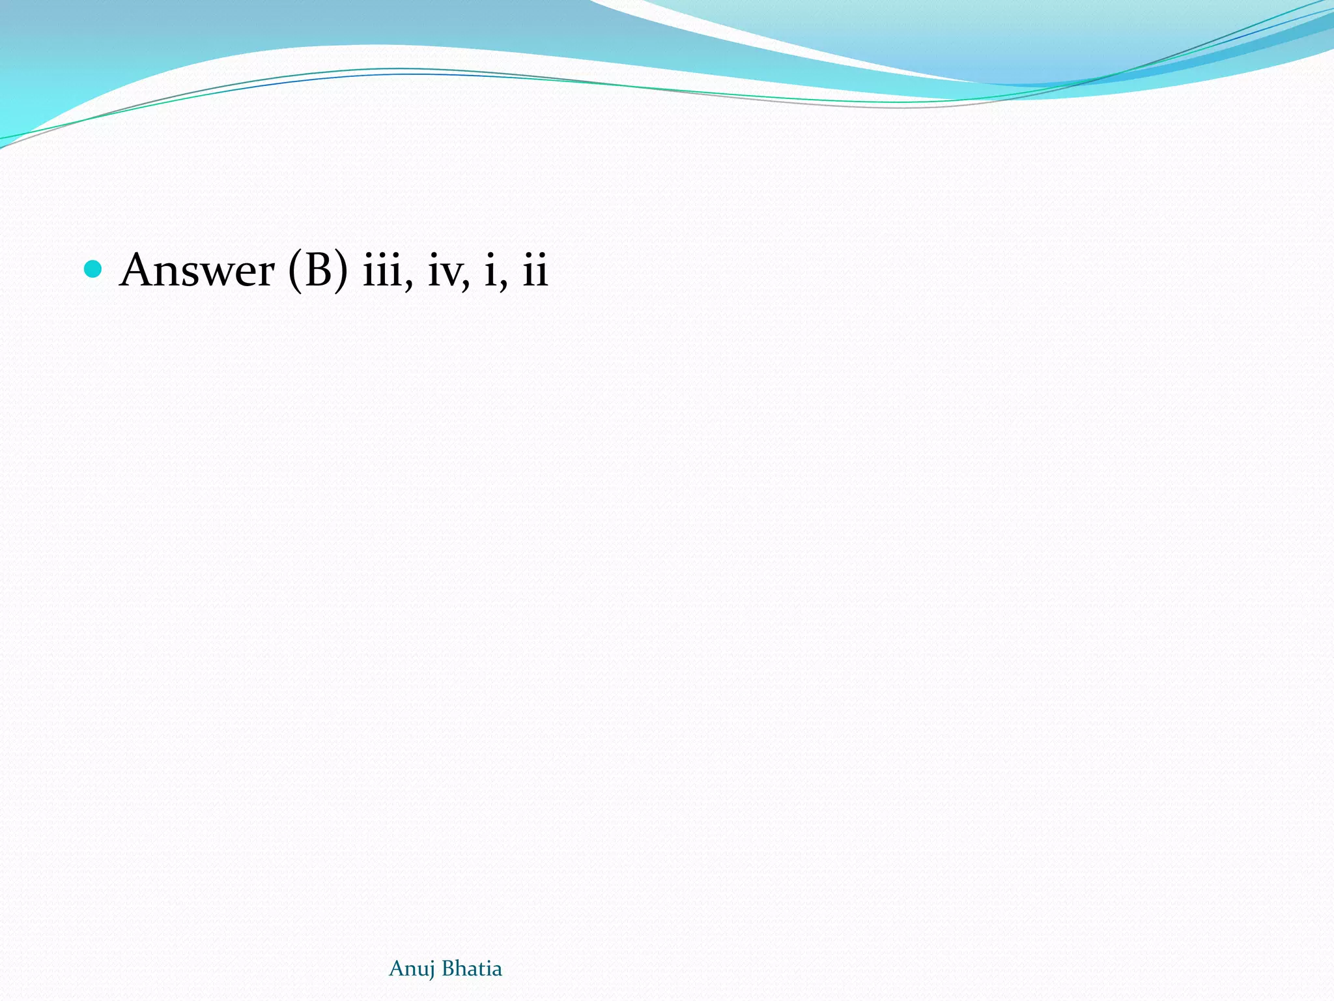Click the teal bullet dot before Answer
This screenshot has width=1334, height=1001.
tap(93, 268)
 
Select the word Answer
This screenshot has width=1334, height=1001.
tap(197, 269)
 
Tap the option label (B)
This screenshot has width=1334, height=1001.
tap(318, 269)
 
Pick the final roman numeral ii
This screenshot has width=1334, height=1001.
tap(535, 269)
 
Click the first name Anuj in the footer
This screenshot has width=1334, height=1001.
tap(412, 969)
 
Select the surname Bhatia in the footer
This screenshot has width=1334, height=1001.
tap(472, 968)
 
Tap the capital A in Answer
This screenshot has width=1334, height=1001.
tap(139, 269)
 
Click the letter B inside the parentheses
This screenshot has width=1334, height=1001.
tap(319, 269)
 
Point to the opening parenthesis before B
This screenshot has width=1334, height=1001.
tap(294, 270)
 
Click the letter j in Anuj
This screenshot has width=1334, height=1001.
tap(431, 970)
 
